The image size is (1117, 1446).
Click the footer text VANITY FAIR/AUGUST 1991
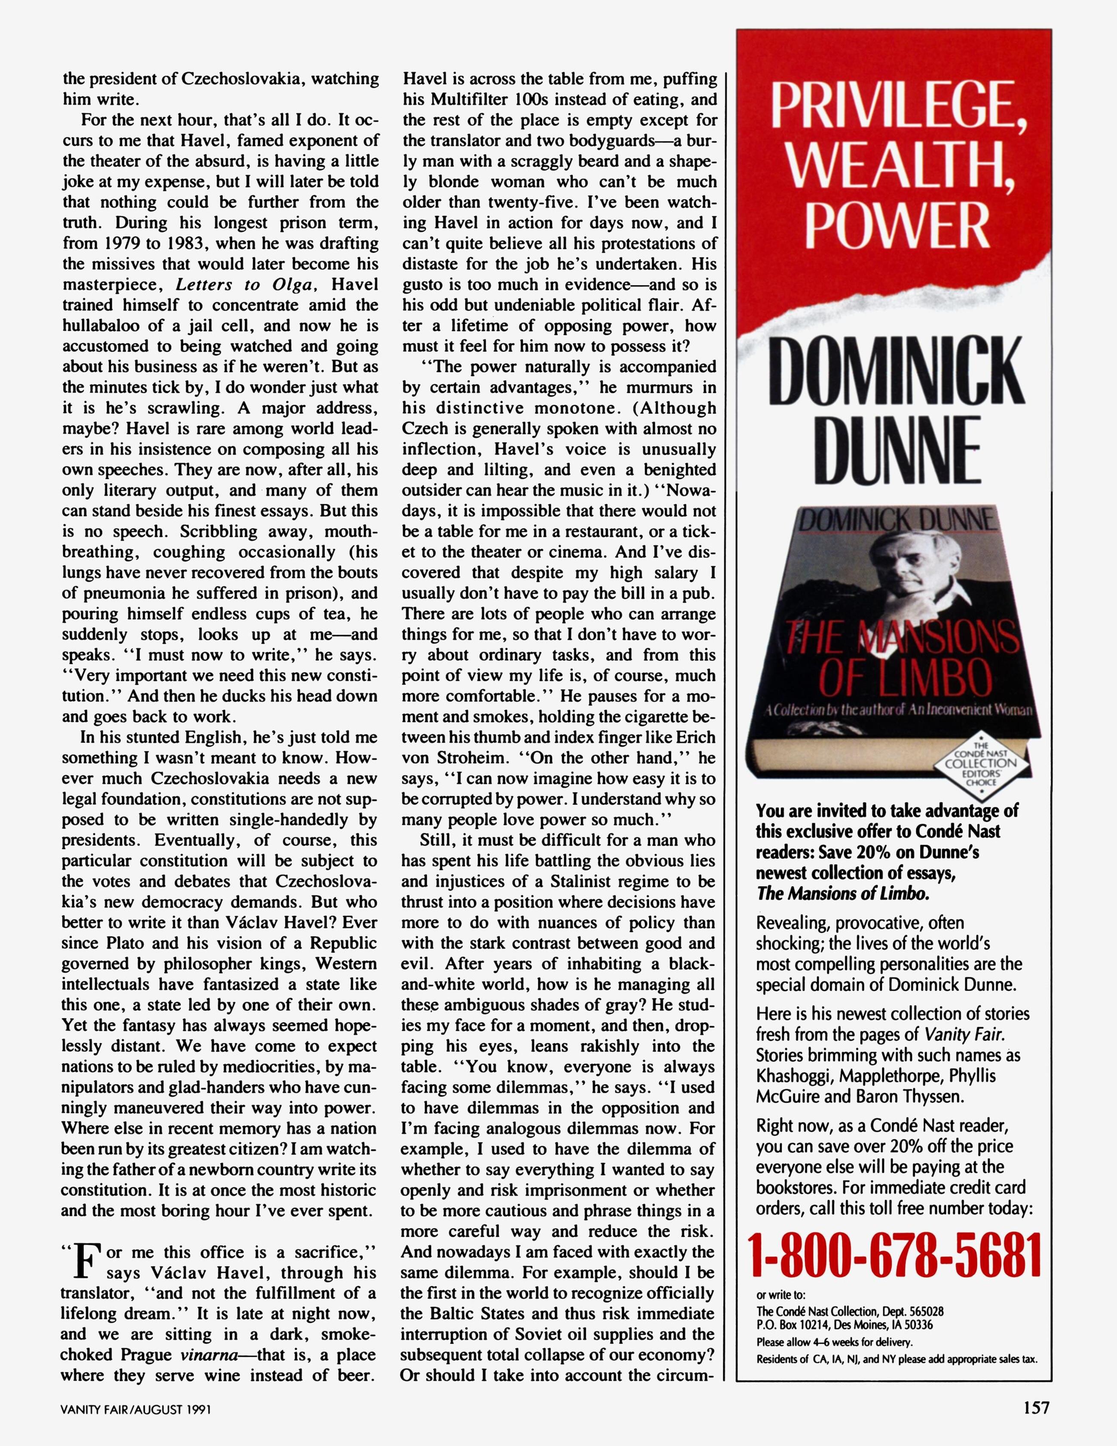click(x=136, y=1409)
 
